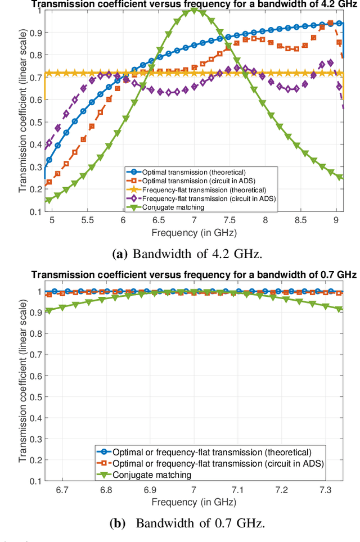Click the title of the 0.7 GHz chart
pos(194,274)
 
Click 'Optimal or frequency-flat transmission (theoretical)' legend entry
pos(211,451)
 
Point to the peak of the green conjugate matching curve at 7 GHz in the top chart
pos(194,11)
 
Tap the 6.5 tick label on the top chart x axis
pos(158,221)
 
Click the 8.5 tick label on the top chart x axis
pos(301,221)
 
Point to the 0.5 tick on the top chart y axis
pos(35,122)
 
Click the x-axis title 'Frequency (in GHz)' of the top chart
pos(194,232)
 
